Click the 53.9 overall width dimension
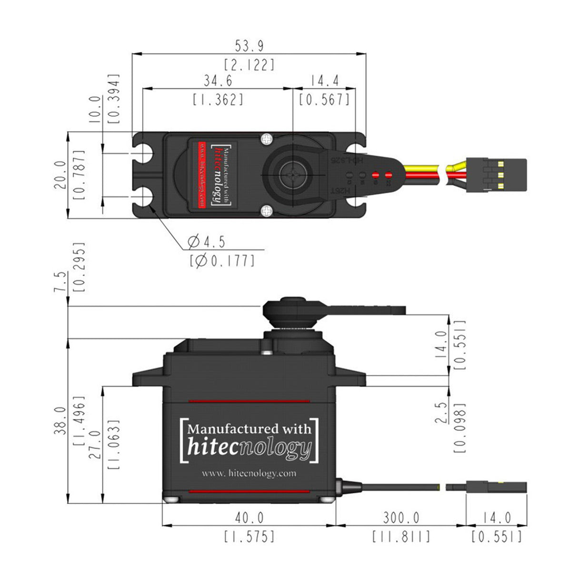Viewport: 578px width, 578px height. tap(249, 46)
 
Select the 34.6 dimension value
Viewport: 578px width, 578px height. tap(218, 81)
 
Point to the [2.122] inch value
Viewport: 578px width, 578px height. tap(249, 64)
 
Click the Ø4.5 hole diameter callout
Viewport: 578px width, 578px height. tap(206, 242)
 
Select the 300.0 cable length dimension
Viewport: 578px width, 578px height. tap(401, 518)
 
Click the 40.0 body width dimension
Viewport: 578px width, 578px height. tap(249, 518)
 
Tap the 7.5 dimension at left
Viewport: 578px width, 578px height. tap(60, 282)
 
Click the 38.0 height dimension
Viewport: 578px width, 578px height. tap(60, 419)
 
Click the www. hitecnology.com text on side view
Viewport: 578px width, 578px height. tap(249, 473)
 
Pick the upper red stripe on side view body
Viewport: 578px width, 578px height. tap(249, 401)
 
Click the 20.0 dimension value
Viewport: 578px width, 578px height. tap(60, 175)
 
